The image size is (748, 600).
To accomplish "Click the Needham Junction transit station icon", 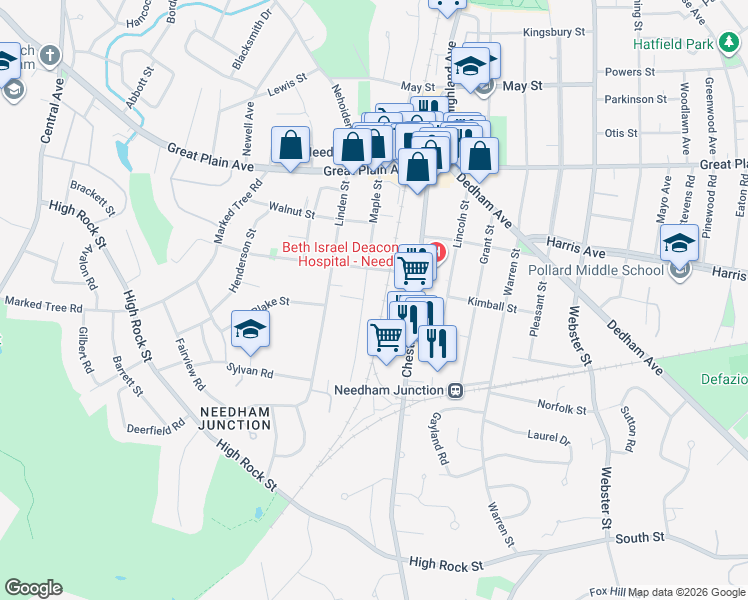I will coord(455,390).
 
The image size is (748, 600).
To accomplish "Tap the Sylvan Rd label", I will coord(251,371).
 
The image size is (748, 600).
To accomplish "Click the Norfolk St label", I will coord(561,408).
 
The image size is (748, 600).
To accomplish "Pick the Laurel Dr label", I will coord(548,438).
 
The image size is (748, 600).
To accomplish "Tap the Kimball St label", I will coord(491,308).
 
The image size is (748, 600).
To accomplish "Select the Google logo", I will coord(33,588).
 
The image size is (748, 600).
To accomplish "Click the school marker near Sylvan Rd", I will coord(251,330).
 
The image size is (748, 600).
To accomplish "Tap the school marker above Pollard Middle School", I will coord(679,242).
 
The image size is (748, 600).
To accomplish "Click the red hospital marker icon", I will coord(436,247).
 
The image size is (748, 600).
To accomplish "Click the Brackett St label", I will coord(93,189).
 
